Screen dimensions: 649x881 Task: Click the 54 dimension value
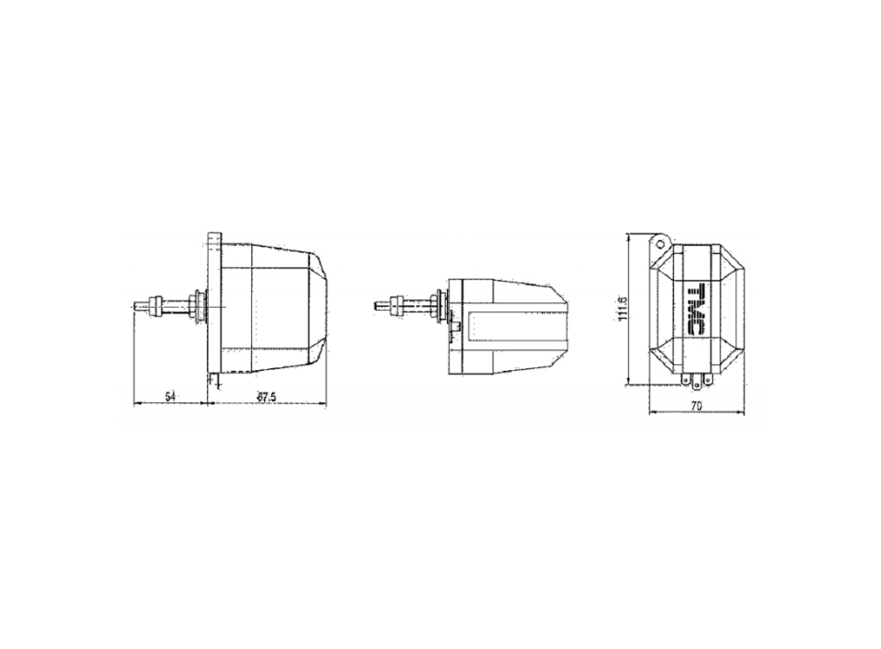[170, 397]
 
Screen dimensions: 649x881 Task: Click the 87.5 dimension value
[267, 397]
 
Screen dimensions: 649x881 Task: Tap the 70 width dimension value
[696, 406]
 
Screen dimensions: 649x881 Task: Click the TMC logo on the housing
[696, 305]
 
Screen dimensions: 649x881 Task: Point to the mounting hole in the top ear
[659, 241]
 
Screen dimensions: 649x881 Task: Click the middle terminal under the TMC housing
[696, 378]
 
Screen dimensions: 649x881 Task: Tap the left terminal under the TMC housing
[684, 378]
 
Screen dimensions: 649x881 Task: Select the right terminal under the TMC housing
[709, 378]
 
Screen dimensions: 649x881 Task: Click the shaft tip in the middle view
[376, 303]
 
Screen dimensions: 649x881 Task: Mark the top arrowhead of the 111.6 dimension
[630, 234]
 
